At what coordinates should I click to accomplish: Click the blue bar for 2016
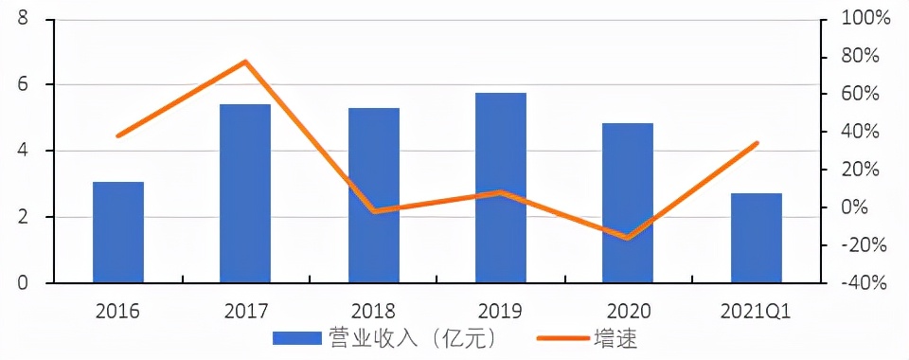[x=118, y=232]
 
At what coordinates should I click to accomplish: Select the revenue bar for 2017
[x=245, y=193]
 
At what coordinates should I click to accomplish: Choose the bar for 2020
[x=628, y=203]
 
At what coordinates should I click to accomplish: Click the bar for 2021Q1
[x=756, y=238]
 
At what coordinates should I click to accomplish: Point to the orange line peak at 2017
[x=245, y=62]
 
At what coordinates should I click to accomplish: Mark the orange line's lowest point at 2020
[x=628, y=238]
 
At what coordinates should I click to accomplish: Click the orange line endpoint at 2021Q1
[x=757, y=143]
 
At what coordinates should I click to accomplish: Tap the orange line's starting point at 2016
[x=117, y=136]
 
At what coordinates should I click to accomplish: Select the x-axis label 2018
[x=373, y=311]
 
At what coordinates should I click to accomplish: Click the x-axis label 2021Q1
[x=757, y=311]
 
